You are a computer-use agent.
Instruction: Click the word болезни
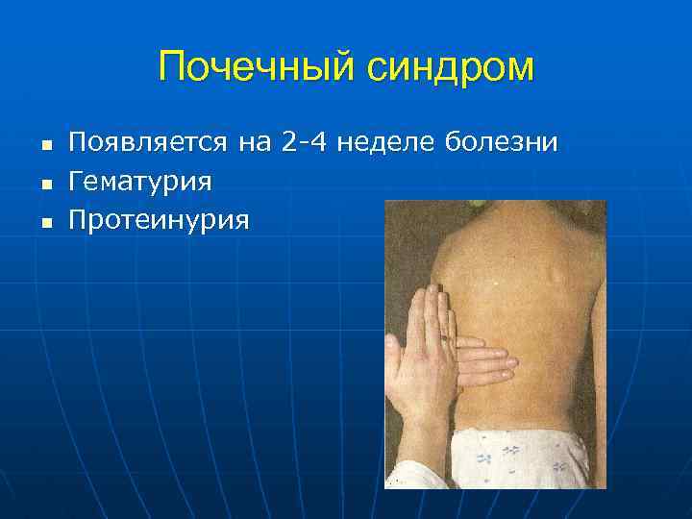point(502,144)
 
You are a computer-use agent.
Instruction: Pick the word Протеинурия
point(160,220)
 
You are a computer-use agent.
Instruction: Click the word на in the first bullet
point(255,144)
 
